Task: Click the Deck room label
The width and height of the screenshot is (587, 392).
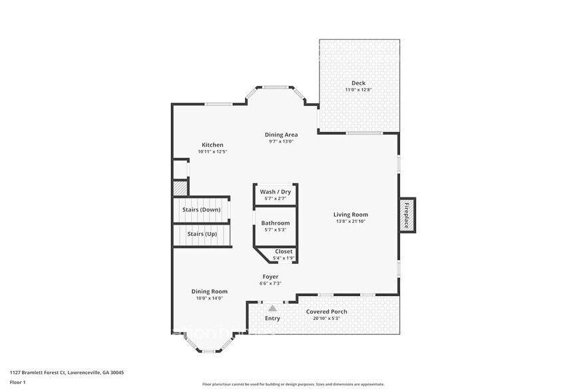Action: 359,83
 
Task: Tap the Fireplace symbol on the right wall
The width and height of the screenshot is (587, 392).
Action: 407,215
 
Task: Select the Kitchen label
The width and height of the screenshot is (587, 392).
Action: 212,145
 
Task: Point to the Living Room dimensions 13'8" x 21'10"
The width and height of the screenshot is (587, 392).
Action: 351,221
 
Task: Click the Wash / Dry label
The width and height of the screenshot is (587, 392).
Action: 275,192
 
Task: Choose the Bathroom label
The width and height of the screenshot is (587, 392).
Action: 275,223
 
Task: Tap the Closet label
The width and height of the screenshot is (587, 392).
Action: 284,251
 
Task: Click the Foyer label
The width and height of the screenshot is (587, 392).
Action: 270,276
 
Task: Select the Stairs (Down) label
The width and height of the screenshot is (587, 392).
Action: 201,209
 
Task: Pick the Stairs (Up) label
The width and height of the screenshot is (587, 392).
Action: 201,234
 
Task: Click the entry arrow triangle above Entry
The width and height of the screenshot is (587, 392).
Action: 272,308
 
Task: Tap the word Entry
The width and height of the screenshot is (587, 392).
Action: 272,318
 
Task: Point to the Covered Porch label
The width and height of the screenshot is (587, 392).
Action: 326,311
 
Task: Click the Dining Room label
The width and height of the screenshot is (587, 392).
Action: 210,291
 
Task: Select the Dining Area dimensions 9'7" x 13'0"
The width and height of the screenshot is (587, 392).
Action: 281,141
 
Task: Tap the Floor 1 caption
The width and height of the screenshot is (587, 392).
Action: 19,382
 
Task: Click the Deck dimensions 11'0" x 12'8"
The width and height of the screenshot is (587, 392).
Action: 358,89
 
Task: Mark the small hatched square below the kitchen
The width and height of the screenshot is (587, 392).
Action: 180,188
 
